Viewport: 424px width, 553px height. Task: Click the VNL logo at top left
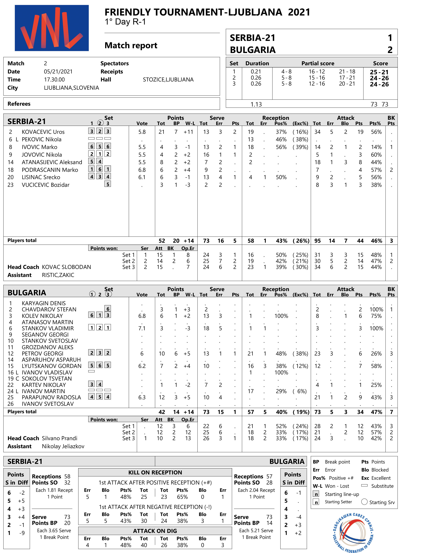52,28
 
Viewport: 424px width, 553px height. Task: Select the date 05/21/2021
58,72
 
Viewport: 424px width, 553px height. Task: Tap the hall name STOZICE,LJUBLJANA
168,80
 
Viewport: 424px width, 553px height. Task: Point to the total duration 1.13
256,104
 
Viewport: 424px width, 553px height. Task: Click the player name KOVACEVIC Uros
43,132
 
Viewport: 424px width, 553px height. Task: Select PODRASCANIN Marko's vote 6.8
142,170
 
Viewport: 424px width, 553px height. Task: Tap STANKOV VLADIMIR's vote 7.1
142,328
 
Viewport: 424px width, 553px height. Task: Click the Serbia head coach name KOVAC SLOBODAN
66,267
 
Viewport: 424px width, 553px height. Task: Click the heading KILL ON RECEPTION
155,473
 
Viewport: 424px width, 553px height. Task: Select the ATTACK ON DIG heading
155,531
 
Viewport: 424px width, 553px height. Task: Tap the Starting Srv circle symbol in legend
364,502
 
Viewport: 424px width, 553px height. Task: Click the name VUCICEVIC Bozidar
46,185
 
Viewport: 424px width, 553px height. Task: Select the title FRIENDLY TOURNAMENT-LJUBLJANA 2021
207,12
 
